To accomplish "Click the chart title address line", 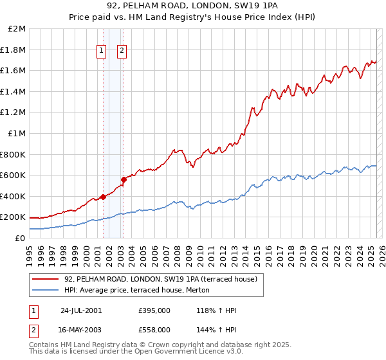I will [193, 6].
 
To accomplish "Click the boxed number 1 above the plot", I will [102, 53].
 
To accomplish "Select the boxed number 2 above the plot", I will [122, 53].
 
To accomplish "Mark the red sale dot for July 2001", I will [103, 197].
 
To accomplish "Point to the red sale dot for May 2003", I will [124, 179].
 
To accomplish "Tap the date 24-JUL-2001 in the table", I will [81, 310].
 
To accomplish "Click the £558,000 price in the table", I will [154, 329].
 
